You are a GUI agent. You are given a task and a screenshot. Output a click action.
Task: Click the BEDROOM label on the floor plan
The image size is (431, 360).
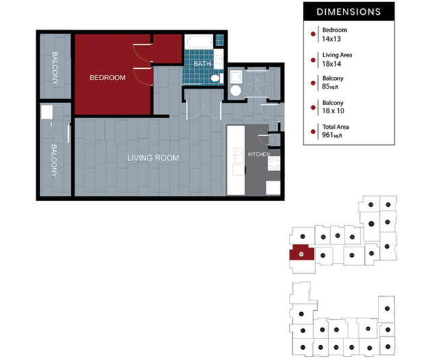[108, 78]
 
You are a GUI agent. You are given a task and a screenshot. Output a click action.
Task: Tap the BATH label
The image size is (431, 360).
[202, 64]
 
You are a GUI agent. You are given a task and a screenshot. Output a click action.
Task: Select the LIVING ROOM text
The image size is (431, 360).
[154, 158]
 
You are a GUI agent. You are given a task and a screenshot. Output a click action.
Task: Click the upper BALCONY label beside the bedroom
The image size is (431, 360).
[54, 67]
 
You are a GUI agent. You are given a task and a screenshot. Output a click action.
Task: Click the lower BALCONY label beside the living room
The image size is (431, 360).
[54, 159]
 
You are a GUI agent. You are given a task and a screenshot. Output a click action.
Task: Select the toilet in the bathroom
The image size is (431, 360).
[215, 79]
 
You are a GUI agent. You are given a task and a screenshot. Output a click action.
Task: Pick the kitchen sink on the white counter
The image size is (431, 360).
[237, 158]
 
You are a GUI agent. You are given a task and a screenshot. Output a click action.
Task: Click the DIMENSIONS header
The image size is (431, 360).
[348, 11]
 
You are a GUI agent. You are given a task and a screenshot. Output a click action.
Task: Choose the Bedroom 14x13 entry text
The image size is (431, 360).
[335, 34]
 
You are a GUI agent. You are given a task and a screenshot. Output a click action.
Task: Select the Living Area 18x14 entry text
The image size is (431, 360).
[337, 59]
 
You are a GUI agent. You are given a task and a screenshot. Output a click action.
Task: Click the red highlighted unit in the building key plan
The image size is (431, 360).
[301, 255]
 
